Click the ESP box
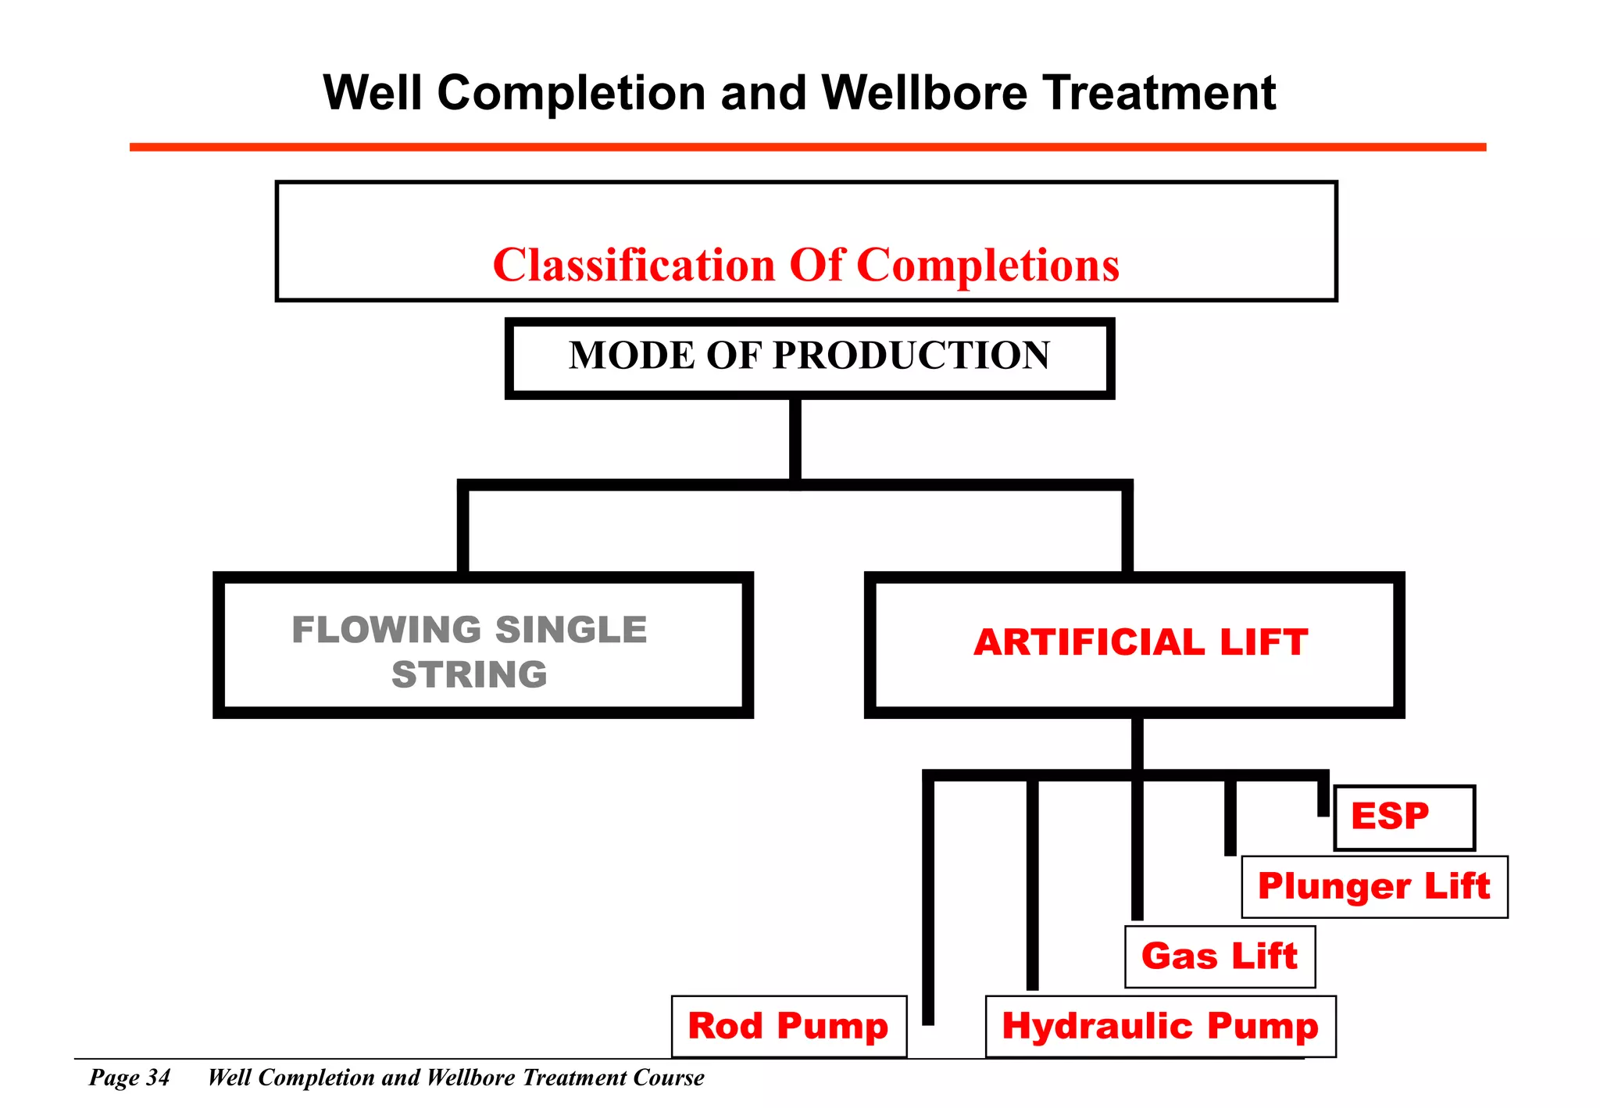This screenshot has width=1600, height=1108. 1404,817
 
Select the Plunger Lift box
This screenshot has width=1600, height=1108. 1374,887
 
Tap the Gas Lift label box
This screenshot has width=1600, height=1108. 1220,956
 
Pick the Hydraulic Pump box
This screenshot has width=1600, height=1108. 1160,1026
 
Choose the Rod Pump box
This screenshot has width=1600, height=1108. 788,1026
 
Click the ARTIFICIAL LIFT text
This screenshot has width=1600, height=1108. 1141,642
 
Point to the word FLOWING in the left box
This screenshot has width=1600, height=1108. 386,630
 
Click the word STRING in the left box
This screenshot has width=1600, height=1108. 470,674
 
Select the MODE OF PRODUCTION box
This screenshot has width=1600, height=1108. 809,358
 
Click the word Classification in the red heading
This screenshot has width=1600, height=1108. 634,265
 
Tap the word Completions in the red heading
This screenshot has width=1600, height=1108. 987,265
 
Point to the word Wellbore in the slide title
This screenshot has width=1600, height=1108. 924,93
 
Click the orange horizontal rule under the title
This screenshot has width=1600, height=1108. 807,147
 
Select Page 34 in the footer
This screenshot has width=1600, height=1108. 130,1078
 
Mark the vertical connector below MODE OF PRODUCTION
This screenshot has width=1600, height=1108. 795,440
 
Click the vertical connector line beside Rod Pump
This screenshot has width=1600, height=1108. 928,899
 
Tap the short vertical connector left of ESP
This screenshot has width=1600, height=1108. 1323,795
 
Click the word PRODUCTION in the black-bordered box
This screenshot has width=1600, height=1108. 912,356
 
